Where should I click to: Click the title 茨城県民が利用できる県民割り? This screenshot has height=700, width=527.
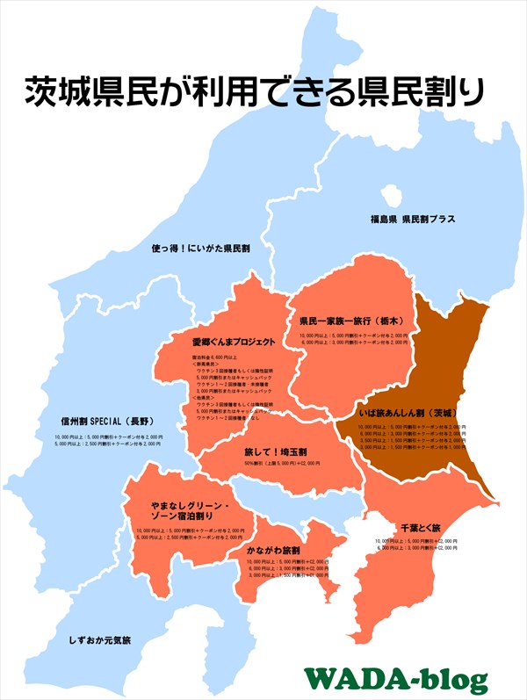point(255,91)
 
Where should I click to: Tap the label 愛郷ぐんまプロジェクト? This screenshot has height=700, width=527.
point(234,342)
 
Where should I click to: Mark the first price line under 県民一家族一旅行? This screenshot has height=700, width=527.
point(354,336)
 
